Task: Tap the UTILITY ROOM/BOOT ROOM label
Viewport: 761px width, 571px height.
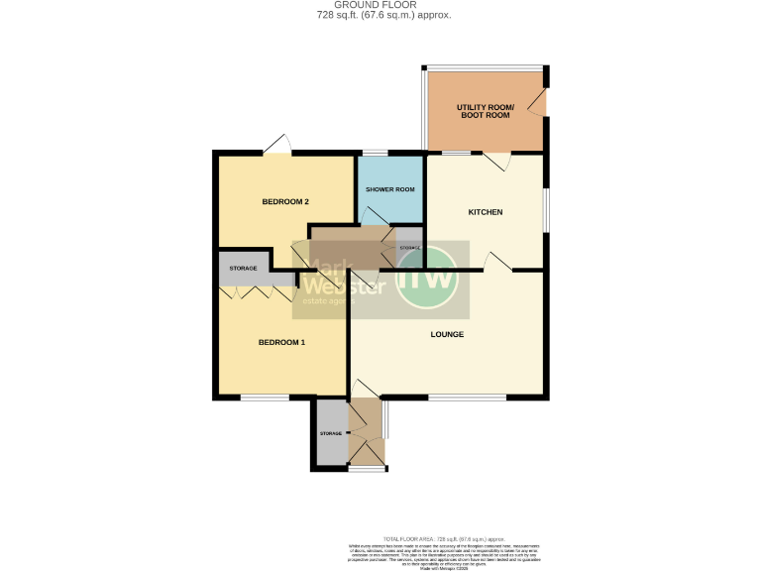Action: click(484, 111)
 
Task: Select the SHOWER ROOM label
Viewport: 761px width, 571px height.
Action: click(389, 189)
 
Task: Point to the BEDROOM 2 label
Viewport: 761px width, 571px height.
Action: click(285, 202)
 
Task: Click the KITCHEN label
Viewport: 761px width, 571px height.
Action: click(486, 212)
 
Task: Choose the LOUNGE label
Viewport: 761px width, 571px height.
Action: click(447, 334)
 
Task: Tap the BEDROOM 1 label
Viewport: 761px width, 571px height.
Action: click(281, 343)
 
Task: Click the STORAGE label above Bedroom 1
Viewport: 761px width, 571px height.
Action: click(244, 269)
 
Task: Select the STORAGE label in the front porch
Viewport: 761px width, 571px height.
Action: click(330, 434)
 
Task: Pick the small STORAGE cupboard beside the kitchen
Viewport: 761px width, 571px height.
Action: click(409, 247)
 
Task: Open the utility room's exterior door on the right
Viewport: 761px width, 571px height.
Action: click(539, 101)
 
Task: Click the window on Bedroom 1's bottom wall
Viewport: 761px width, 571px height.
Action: click(265, 398)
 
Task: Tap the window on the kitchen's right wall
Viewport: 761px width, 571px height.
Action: click(544, 209)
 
